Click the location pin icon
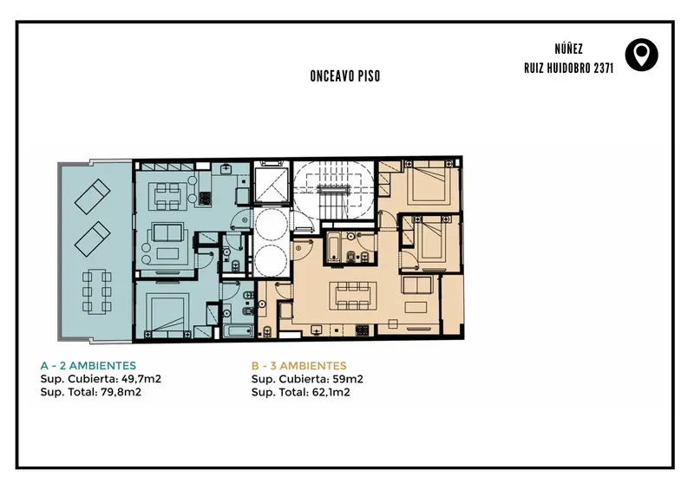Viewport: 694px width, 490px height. (641, 55)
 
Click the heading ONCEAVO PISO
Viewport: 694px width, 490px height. (344, 76)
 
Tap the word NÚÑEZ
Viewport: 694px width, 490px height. (568, 49)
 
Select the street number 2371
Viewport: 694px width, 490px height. (603, 69)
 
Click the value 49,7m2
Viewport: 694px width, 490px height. (141, 379)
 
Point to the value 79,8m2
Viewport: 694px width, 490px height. (121, 392)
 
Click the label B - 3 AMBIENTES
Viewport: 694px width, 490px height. (298, 366)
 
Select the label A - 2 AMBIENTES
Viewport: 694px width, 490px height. (88, 366)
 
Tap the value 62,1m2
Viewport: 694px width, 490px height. (331, 392)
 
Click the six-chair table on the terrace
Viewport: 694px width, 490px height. (96, 292)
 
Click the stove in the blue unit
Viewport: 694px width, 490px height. (205, 198)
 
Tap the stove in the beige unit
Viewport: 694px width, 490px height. (362, 330)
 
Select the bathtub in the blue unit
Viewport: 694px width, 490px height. (238, 331)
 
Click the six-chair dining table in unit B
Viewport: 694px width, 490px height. (352, 295)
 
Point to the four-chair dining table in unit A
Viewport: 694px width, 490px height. (167, 197)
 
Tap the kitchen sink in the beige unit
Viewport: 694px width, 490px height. (317, 330)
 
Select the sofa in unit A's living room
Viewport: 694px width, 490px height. (167, 232)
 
